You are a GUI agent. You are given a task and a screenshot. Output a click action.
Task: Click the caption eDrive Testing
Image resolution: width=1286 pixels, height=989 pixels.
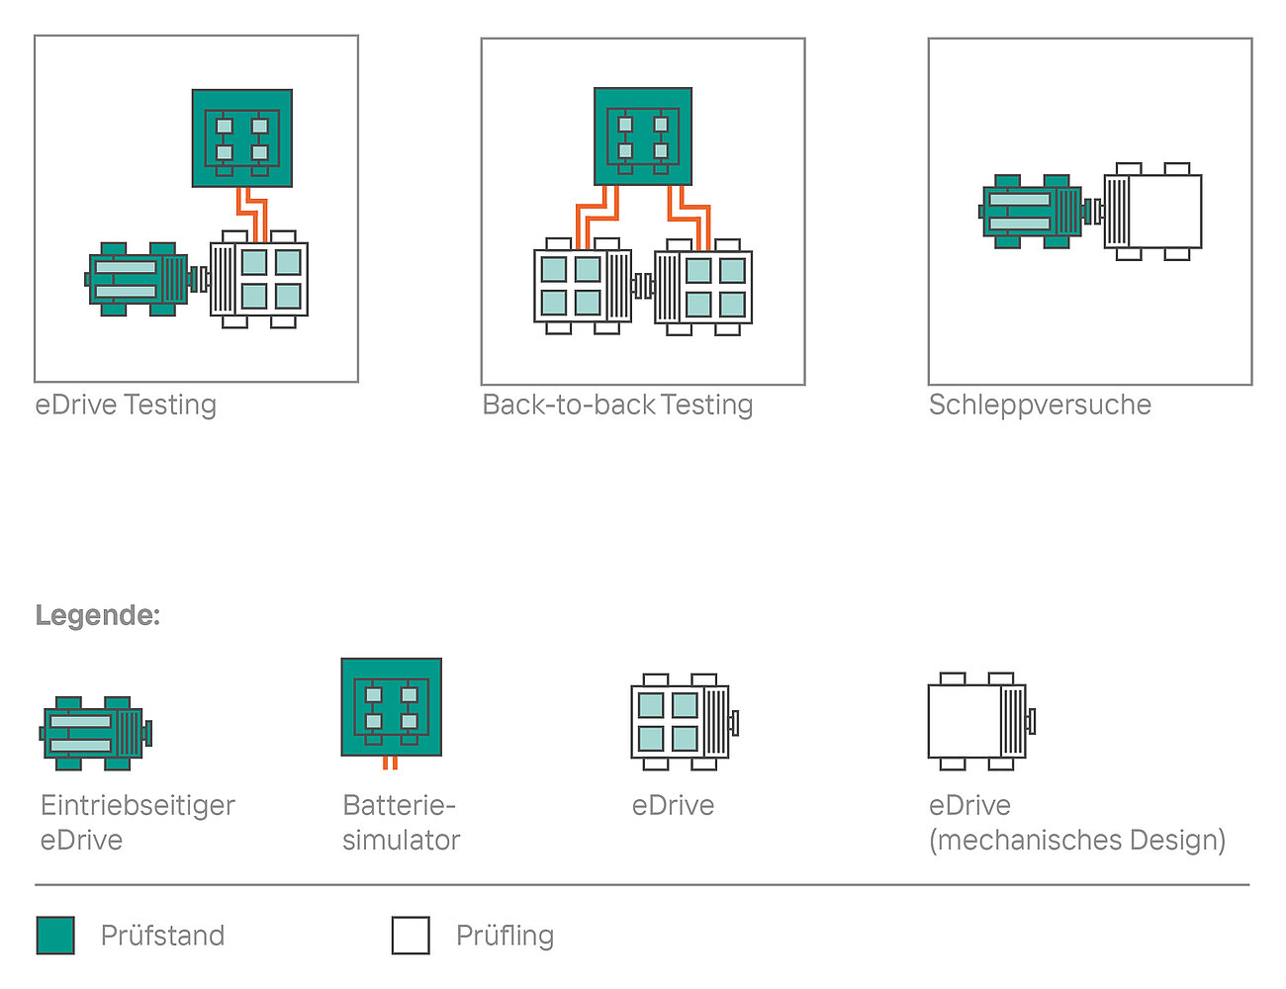pyautogui.click(x=126, y=405)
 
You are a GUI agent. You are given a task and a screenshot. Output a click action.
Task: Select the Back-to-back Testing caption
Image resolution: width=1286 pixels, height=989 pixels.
pyautogui.click(x=617, y=405)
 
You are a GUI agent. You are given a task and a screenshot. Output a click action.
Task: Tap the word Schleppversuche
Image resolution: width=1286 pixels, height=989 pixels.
pyautogui.click(x=1040, y=405)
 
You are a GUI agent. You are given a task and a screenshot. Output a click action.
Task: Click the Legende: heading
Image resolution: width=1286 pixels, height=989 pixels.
pyautogui.click(x=98, y=616)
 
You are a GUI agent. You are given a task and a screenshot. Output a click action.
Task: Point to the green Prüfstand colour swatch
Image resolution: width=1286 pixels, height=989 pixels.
pyautogui.click(x=55, y=936)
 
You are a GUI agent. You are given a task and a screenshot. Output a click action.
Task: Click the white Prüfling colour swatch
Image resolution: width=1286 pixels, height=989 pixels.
pyautogui.click(x=411, y=936)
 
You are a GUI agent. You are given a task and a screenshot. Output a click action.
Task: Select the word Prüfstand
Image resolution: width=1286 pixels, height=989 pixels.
pyautogui.click(x=163, y=936)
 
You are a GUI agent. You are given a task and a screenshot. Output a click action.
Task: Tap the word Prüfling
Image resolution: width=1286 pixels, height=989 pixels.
pyautogui.click(x=505, y=937)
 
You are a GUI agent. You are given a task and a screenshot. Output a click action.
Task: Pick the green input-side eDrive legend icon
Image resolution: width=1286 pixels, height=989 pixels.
pyautogui.click(x=96, y=734)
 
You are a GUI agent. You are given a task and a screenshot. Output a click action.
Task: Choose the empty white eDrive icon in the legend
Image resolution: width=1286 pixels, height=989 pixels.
pyautogui.click(x=981, y=721)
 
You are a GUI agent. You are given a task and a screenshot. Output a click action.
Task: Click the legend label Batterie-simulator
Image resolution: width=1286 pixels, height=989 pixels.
pyautogui.click(x=401, y=823)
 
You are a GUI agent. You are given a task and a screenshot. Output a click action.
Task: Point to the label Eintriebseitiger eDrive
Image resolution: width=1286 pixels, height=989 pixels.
pyautogui.click(x=138, y=823)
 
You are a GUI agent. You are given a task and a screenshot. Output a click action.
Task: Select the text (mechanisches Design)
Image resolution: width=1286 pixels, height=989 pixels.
pyautogui.click(x=1077, y=841)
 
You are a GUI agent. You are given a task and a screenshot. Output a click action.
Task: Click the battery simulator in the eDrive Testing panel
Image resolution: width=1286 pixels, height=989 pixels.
pyautogui.click(x=242, y=138)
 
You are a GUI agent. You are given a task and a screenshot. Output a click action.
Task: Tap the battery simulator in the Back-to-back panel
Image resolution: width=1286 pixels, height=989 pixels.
pyautogui.click(x=643, y=136)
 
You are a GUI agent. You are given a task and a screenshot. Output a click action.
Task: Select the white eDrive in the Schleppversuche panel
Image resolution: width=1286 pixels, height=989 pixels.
pyautogui.click(x=1152, y=212)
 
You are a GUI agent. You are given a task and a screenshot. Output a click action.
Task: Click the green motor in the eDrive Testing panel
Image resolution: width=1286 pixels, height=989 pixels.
pyautogui.click(x=140, y=279)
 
